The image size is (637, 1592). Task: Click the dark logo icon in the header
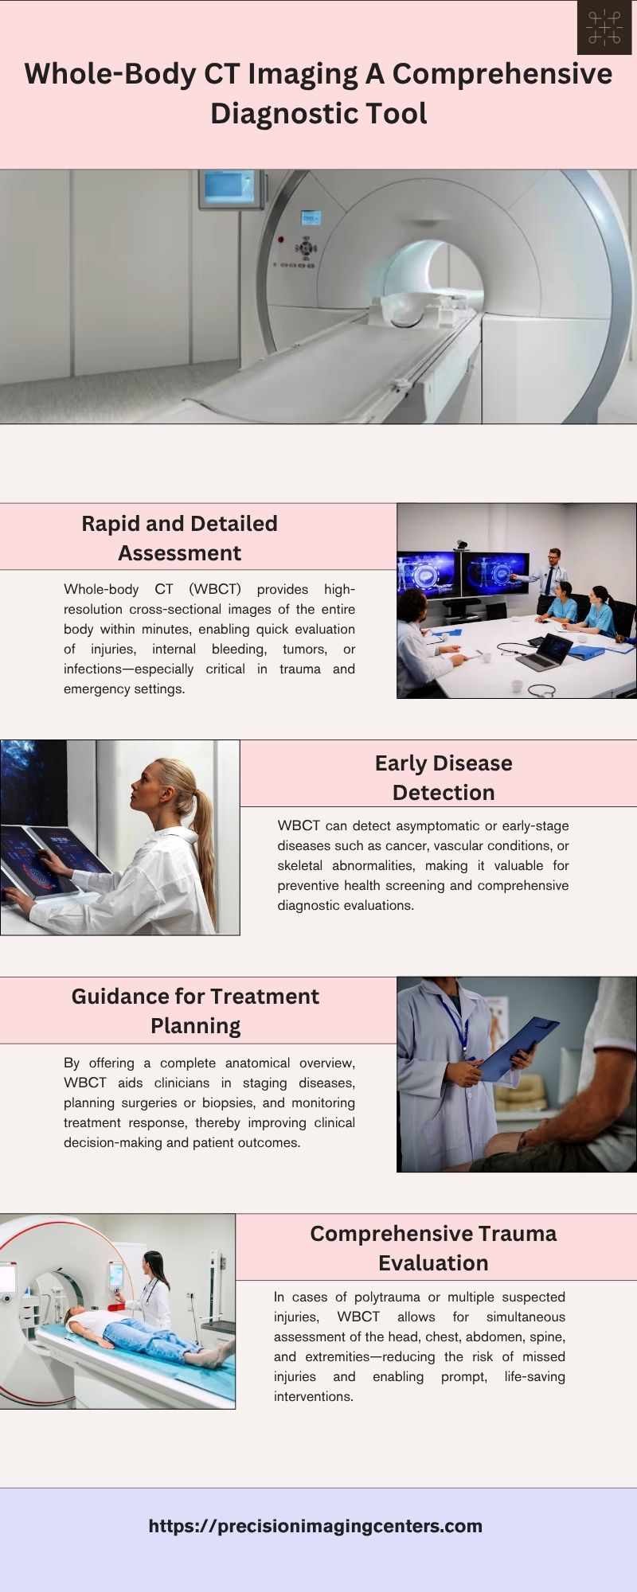604,27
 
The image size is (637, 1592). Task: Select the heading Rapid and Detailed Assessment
180,538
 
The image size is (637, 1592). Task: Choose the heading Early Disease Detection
444,778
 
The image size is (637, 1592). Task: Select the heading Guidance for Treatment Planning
196,1011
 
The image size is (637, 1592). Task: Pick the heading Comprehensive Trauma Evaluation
433,1247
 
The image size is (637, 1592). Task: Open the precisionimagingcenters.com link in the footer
315,1526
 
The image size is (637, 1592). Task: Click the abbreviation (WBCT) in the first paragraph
215,589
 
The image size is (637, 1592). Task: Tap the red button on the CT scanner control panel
280,238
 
